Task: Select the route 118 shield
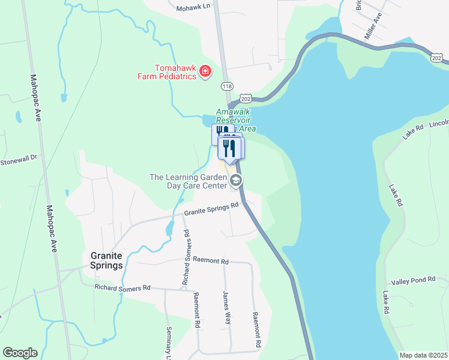point(227,86)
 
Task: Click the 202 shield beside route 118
point(245,98)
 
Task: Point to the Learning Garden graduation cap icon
point(236,180)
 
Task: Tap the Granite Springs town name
point(107,260)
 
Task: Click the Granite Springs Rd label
point(211,208)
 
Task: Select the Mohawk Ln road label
point(195,8)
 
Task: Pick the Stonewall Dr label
point(19,160)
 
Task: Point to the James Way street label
point(226,308)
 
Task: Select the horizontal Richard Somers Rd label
point(122,288)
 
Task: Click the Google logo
point(20,353)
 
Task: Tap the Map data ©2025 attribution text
point(423,355)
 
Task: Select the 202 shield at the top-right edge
point(437,57)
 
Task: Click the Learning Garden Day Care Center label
point(187,181)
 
